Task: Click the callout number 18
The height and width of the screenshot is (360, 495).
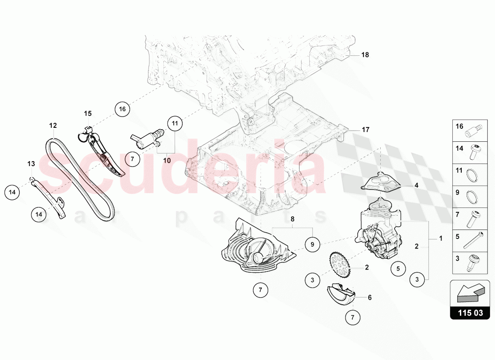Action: (x=365, y=55)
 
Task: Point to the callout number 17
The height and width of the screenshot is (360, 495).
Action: (x=365, y=130)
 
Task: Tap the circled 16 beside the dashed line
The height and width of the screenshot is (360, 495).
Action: (x=121, y=108)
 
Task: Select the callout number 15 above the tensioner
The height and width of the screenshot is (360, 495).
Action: (x=87, y=113)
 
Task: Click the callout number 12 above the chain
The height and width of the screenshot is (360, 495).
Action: (x=53, y=126)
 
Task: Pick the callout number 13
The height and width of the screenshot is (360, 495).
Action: (x=31, y=163)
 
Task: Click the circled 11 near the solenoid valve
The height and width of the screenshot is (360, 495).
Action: (x=175, y=122)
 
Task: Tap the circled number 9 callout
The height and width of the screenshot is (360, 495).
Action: (x=312, y=245)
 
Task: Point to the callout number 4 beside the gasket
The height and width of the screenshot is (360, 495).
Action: (x=416, y=185)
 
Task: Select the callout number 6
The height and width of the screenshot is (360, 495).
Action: (x=370, y=297)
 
